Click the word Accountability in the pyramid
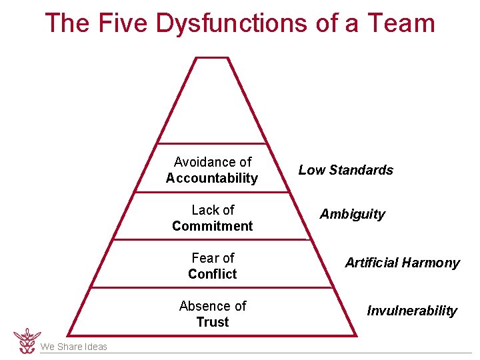(x=212, y=178)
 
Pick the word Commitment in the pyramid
(x=212, y=226)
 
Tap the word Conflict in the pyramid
(x=212, y=274)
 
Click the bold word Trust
(x=212, y=322)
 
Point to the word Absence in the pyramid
(x=205, y=306)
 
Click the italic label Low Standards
(x=345, y=170)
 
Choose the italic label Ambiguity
(x=352, y=214)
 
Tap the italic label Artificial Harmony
(x=402, y=263)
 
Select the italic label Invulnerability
(x=412, y=311)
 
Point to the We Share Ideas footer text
(x=73, y=347)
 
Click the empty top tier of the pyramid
(x=211, y=107)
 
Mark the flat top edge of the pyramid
(x=211, y=58)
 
